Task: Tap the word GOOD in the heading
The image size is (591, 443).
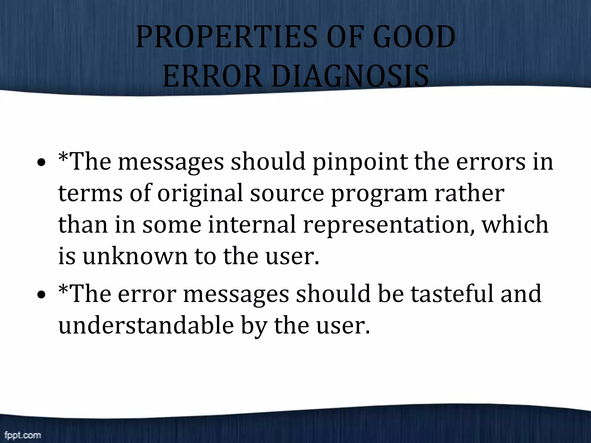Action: coord(414,37)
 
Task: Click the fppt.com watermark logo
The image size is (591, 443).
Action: coord(23,435)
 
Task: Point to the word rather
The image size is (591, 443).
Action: coord(469,193)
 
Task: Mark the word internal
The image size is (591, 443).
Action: coord(252,224)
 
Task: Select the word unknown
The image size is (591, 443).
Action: coord(135,256)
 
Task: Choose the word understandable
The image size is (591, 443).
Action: coord(146,325)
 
